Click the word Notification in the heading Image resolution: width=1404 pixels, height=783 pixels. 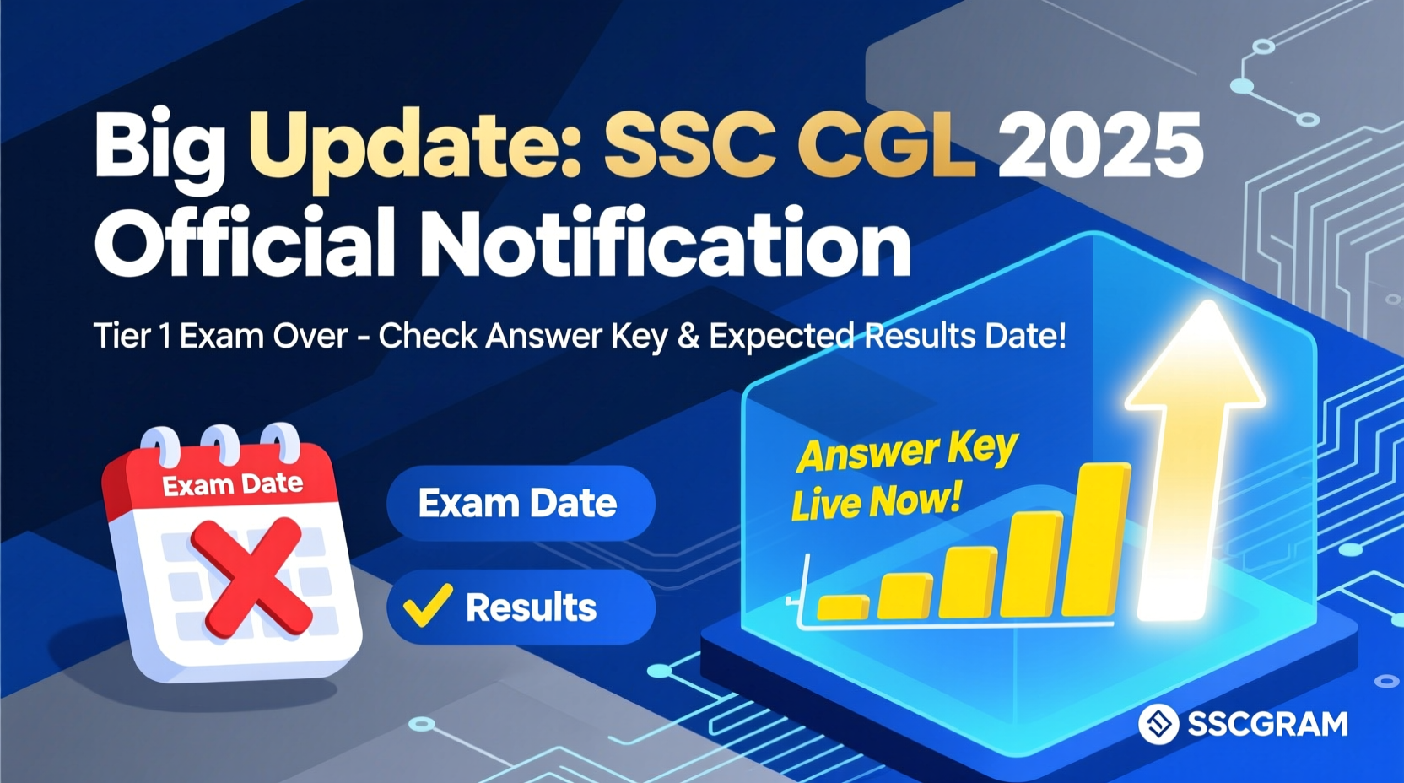point(666,244)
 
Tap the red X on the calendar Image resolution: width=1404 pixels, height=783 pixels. point(251,579)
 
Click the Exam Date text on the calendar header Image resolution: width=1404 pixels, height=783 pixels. point(232,484)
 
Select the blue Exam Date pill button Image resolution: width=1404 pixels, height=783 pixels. point(520,504)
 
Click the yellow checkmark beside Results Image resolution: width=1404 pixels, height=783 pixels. point(428,605)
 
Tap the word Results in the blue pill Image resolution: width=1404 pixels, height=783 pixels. point(531,607)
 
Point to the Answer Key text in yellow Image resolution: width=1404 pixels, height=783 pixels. point(907,451)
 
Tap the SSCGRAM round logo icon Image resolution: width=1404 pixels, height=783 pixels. point(1158,724)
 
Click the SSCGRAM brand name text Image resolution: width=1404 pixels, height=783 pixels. point(1267,724)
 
